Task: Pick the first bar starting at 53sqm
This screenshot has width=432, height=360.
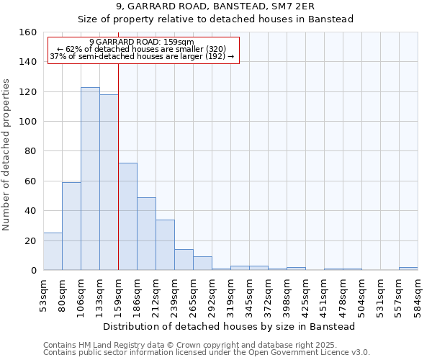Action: [x=53, y=251]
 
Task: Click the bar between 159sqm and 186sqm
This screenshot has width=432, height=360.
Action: [x=127, y=216]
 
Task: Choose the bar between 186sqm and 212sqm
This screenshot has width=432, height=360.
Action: [x=146, y=233]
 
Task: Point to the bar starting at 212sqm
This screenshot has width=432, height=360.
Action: [x=165, y=245]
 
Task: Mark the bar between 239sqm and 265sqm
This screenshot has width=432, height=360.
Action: [x=184, y=259]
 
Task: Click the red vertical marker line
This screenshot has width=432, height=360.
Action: [x=118, y=180]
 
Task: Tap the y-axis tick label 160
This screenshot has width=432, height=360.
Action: [x=28, y=32]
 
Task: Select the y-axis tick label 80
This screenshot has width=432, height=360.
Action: [x=31, y=151]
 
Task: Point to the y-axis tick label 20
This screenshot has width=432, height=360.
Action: [x=31, y=240]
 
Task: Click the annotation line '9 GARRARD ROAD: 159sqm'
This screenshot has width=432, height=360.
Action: [x=142, y=42]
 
